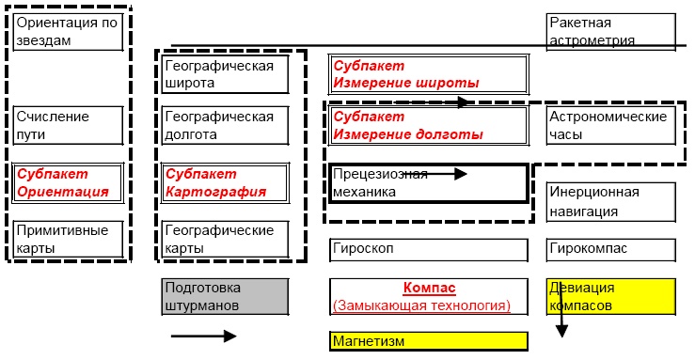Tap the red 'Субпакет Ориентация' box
tap(68, 182)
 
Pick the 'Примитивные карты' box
tap(68, 239)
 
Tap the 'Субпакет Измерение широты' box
tap(427, 74)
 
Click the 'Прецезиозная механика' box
tap(427, 183)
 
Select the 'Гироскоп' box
tap(427, 249)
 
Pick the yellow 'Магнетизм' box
tap(427, 340)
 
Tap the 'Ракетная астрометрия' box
tap(610, 32)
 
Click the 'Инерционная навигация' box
tap(610, 201)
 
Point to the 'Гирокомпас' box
tap(610, 249)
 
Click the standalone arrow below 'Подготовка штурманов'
tap(203, 336)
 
